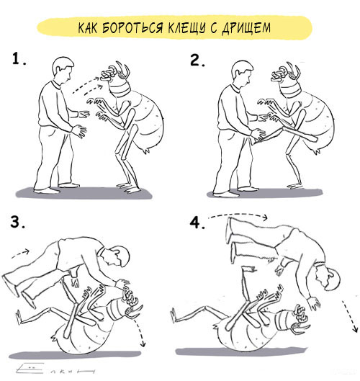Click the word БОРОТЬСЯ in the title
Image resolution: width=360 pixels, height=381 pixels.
(132, 27)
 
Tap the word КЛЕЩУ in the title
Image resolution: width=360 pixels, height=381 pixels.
(186, 27)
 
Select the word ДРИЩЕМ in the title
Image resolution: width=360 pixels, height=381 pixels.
(246, 27)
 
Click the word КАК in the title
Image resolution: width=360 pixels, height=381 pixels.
(87, 27)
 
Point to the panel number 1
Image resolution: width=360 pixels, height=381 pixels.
(19, 59)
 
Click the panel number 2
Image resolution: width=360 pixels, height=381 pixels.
(197, 60)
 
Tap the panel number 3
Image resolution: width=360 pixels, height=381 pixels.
(17, 222)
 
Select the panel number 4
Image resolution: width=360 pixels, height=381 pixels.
(197, 223)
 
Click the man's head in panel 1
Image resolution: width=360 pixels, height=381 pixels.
(63, 70)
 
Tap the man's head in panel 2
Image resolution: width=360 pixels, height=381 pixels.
(242, 73)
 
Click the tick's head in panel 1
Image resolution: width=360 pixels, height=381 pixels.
(115, 73)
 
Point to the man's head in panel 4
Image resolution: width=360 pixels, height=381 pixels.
(327, 278)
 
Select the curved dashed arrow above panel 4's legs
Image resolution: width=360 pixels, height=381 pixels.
(239, 215)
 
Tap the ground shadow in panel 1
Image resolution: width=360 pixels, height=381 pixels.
(84, 193)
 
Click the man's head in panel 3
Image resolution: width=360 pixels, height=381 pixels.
(116, 256)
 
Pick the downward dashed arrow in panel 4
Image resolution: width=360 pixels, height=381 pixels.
(350, 316)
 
